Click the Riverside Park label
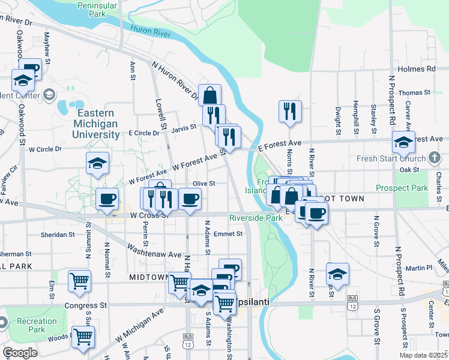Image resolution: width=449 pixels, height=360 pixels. point(256,218)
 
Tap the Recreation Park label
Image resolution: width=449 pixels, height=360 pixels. point(37,325)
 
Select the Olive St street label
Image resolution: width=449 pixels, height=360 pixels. point(204,184)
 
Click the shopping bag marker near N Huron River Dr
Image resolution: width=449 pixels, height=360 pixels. point(209,95)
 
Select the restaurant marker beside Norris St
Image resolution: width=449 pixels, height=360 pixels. point(290,111)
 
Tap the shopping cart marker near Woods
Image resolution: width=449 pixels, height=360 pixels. point(83,337)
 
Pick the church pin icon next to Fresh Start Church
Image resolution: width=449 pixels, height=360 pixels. point(435,158)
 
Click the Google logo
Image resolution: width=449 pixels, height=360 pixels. point(20,353)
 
